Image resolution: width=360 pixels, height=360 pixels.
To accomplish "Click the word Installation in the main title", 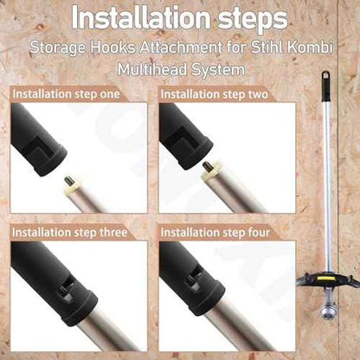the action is click(x=141, y=17).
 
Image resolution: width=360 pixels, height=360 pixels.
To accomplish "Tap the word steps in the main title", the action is click(x=253, y=19).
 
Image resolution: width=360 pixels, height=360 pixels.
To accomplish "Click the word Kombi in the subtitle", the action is click(x=311, y=47).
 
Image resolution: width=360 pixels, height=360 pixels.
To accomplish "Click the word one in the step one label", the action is click(x=110, y=94).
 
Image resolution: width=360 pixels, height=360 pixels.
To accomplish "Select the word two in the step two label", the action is click(x=258, y=94).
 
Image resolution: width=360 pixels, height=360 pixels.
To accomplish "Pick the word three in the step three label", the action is click(x=113, y=232).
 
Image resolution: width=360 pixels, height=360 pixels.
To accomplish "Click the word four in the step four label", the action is click(x=259, y=232).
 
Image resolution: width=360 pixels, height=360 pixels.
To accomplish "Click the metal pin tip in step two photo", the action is click(x=208, y=167).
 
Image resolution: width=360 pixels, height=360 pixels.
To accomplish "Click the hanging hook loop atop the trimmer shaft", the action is click(x=326, y=74).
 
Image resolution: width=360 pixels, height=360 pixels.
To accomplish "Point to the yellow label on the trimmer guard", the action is click(x=326, y=279).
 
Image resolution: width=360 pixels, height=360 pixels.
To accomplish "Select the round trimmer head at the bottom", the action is click(x=327, y=312).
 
